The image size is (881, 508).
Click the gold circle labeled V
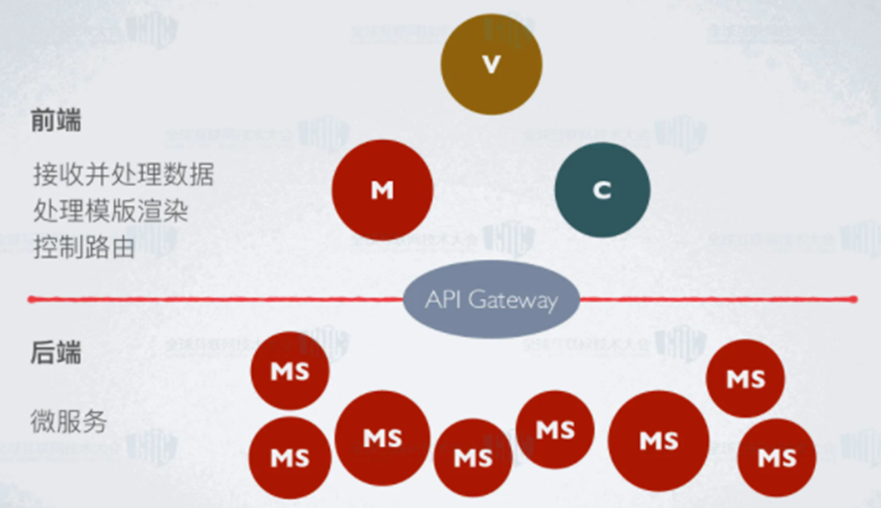coord(491,64)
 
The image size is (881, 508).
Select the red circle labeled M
coord(383,190)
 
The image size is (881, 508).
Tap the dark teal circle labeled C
coord(602,190)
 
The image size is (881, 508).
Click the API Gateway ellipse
coord(491,300)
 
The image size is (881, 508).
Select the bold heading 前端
coord(56,121)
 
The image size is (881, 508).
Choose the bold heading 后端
coord(56,353)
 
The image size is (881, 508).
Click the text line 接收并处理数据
coord(124,174)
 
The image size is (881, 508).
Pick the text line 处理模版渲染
coord(111,211)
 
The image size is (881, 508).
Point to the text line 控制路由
coord(84,247)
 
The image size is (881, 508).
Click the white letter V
coord(492,64)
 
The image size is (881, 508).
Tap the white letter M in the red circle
coord(382,191)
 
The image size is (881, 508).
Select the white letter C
coord(602,190)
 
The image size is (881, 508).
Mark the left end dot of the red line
coord(31,298)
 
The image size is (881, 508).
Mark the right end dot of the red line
coord(854,298)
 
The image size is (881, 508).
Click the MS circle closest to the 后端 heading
coord(290,371)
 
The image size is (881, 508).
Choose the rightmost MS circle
coord(776,457)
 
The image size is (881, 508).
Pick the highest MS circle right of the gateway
coord(745,378)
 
